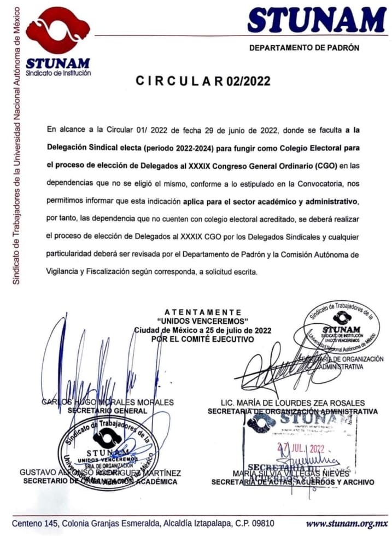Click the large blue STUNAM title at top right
[x=317, y=20]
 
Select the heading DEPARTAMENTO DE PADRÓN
[x=304, y=48]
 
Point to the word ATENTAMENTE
[x=203, y=312]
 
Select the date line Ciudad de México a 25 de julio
[x=203, y=330]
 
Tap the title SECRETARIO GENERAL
[x=107, y=410]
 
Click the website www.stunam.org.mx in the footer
[x=347, y=523]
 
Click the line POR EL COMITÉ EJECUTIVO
[x=203, y=339]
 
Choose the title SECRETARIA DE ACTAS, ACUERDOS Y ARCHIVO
[x=292, y=482]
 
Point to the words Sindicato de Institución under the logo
[x=58, y=73]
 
